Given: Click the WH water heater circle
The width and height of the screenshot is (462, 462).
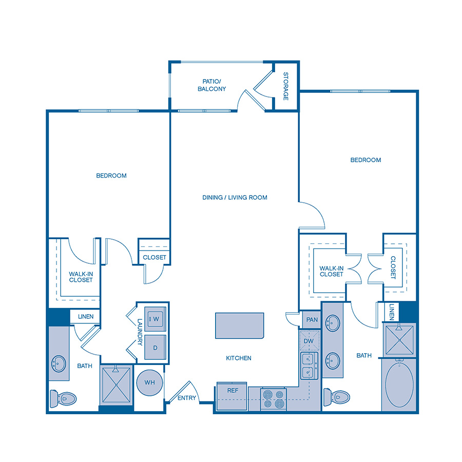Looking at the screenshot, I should click(x=150, y=382).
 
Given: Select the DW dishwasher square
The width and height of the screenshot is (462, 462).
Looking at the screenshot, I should click(x=309, y=341).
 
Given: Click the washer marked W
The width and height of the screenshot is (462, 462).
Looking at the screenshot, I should click(x=155, y=319).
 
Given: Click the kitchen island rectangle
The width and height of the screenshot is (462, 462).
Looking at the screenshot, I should click(x=239, y=325).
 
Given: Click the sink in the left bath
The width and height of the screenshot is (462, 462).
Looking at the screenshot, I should click(x=58, y=364).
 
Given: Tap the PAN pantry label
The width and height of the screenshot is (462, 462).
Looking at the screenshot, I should click(x=312, y=320).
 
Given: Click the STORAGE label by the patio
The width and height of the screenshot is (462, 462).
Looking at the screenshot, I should click(x=286, y=86).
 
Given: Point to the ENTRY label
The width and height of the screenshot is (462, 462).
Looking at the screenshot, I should click(x=187, y=398).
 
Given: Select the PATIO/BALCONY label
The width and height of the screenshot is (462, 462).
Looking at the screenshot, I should click(x=211, y=85).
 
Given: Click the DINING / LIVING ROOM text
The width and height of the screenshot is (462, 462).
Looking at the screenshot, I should click(x=235, y=198).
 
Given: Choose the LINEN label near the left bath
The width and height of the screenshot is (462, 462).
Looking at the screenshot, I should click(x=85, y=317).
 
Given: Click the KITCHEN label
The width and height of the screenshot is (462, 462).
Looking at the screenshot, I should click(x=239, y=358).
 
